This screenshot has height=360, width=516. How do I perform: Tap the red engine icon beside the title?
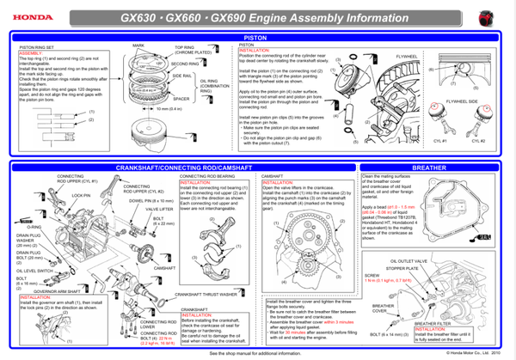(x=489, y=15)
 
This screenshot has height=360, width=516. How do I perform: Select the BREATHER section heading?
(x=429, y=168)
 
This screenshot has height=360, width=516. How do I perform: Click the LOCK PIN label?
(x=83, y=195)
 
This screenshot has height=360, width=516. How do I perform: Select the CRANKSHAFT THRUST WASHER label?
(x=206, y=295)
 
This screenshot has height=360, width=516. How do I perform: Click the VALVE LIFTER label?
(x=160, y=209)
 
